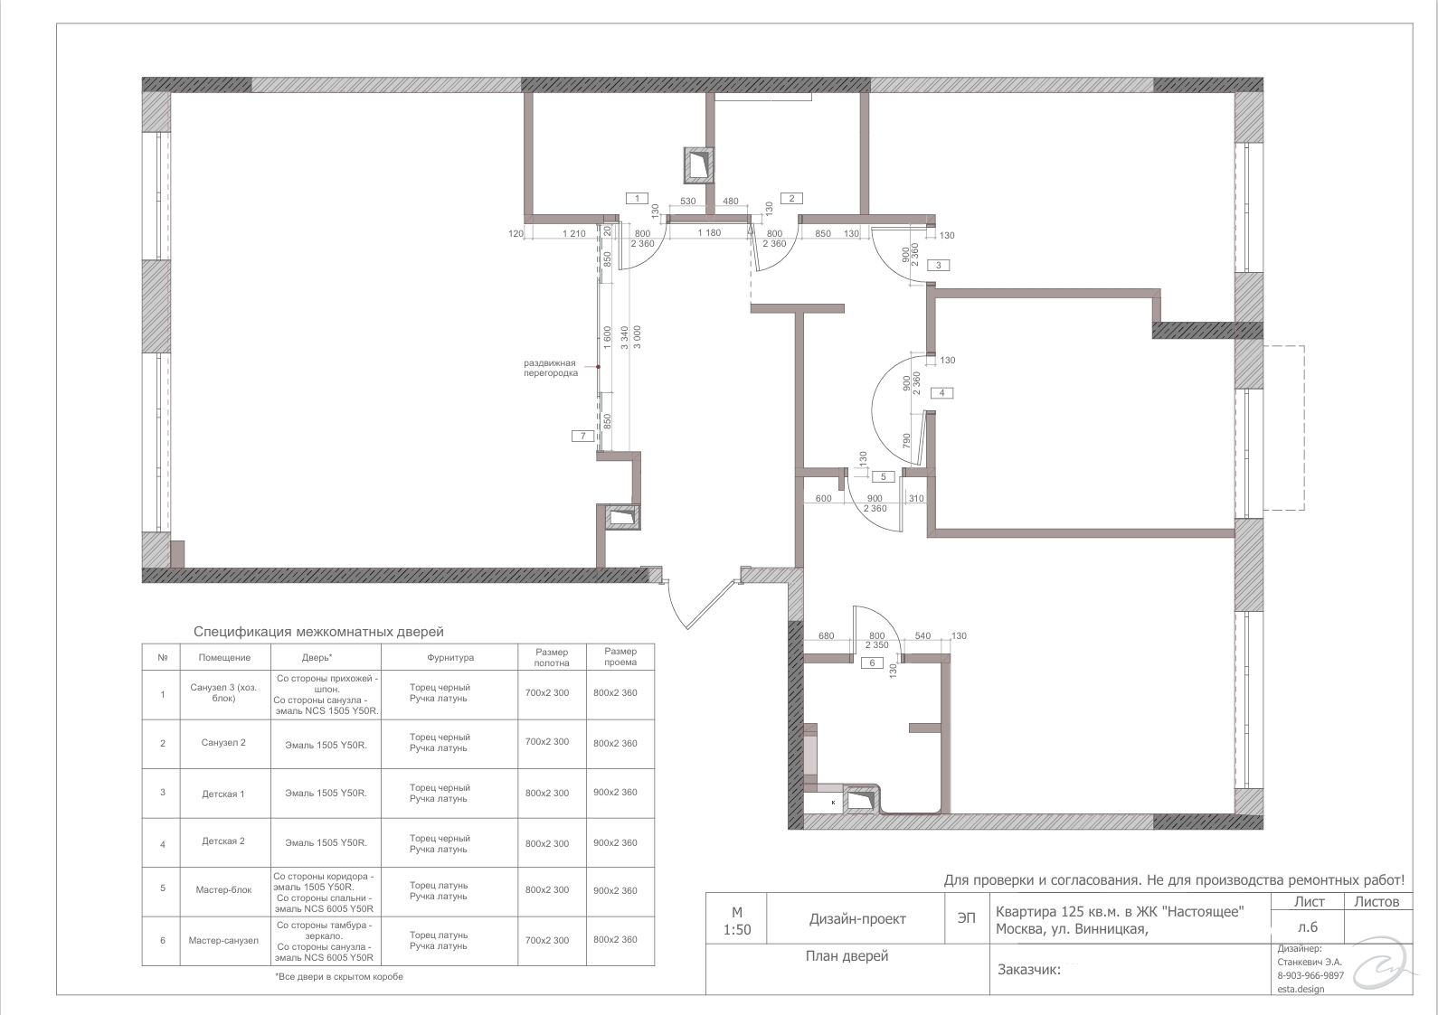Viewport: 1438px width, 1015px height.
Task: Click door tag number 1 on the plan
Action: click(x=637, y=198)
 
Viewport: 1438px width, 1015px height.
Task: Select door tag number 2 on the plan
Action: click(x=791, y=198)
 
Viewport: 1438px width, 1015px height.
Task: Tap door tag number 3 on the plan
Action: click(x=939, y=265)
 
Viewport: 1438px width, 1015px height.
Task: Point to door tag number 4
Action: click(x=941, y=392)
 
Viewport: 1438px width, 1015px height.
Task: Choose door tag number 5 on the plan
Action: click(x=884, y=476)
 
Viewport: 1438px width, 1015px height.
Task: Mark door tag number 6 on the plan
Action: click(x=872, y=663)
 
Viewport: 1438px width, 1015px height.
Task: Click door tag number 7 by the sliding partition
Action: click(x=583, y=437)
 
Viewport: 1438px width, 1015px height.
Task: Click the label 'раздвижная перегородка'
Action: click(x=550, y=368)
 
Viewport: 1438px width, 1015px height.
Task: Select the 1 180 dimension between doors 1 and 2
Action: click(x=709, y=233)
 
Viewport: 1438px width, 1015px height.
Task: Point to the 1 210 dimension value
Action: click(x=574, y=233)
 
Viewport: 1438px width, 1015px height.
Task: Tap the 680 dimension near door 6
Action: click(x=827, y=635)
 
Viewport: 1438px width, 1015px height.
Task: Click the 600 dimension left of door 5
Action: click(x=824, y=499)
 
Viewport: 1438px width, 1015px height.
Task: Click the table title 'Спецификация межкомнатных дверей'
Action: click(x=318, y=632)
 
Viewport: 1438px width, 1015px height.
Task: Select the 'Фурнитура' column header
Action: click(x=450, y=658)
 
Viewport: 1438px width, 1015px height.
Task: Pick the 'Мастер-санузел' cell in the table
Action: click(x=223, y=941)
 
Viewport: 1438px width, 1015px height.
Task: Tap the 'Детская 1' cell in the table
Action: click(x=223, y=794)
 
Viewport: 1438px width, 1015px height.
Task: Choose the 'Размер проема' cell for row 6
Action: click(x=615, y=939)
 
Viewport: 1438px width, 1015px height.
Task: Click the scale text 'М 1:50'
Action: click(x=737, y=921)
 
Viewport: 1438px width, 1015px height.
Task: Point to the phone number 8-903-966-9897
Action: click(x=1310, y=975)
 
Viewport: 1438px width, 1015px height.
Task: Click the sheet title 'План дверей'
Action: click(x=847, y=956)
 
